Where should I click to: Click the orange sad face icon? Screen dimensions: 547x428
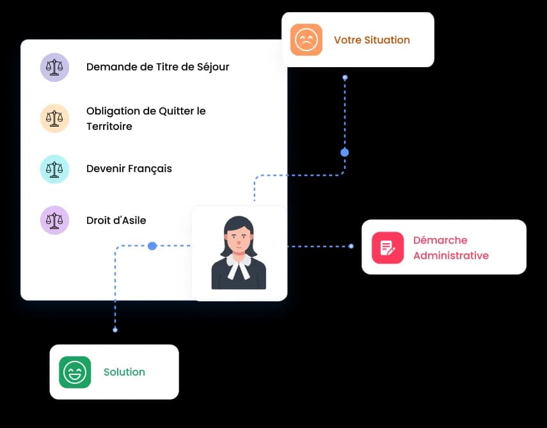(306, 40)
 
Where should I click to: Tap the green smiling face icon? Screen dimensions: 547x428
(75, 372)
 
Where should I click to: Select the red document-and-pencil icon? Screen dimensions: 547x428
(388, 248)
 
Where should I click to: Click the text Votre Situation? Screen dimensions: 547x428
(372, 40)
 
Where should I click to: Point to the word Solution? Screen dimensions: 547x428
(124, 372)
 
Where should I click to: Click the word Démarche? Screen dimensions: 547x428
(440, 240)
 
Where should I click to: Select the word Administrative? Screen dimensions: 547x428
(451, 256)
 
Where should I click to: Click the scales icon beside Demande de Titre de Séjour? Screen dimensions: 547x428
(54, 67)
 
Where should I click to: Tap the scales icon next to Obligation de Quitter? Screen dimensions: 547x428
(54, 118)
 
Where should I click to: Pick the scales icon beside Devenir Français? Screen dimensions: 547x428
(54, 169)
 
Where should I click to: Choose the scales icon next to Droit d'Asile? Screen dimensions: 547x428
(54, 220)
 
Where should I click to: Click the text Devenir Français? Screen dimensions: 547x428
(129, 169)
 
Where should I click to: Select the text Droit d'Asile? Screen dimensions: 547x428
(116, 221)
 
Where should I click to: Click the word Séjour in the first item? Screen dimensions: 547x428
(213, 67)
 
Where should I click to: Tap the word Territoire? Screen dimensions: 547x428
(109, 126)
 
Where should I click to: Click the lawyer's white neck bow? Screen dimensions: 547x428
(239, 266)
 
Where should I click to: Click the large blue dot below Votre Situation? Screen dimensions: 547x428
(345, 152)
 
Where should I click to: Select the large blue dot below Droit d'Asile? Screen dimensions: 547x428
(152, 246)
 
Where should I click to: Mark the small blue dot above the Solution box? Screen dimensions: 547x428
(115, 329)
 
